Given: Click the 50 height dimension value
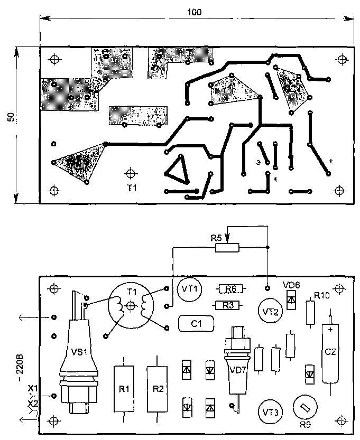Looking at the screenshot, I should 11,118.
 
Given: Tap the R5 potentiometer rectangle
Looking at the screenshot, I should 227,247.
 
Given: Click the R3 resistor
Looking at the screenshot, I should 227,305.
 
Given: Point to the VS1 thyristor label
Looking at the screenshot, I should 78,351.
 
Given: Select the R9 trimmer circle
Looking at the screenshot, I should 304,407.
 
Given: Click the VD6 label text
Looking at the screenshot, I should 291,284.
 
